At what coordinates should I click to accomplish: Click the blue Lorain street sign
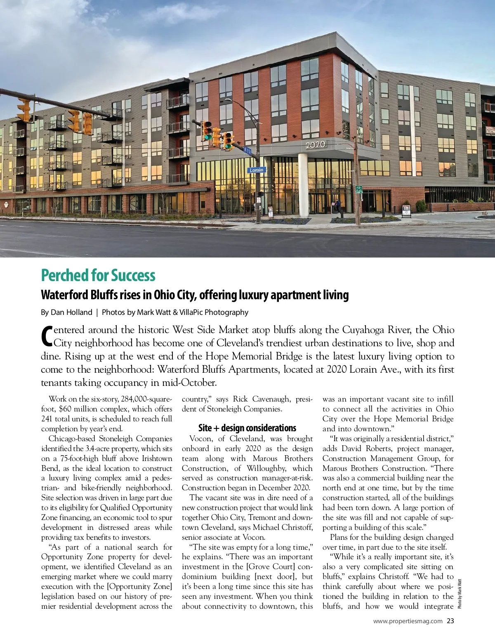click(257, 170)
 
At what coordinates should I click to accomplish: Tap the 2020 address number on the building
click(316, 144)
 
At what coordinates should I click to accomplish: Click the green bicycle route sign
click(358, 189)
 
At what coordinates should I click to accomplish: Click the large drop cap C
click(47, 336)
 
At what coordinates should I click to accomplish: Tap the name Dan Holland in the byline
click(71, 312)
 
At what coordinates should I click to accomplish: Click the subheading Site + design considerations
click(247, 428)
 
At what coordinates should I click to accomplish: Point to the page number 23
click(450, 621)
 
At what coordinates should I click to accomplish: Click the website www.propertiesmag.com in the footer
click(408, 621)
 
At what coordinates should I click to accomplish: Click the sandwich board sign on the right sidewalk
click(406, 210)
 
